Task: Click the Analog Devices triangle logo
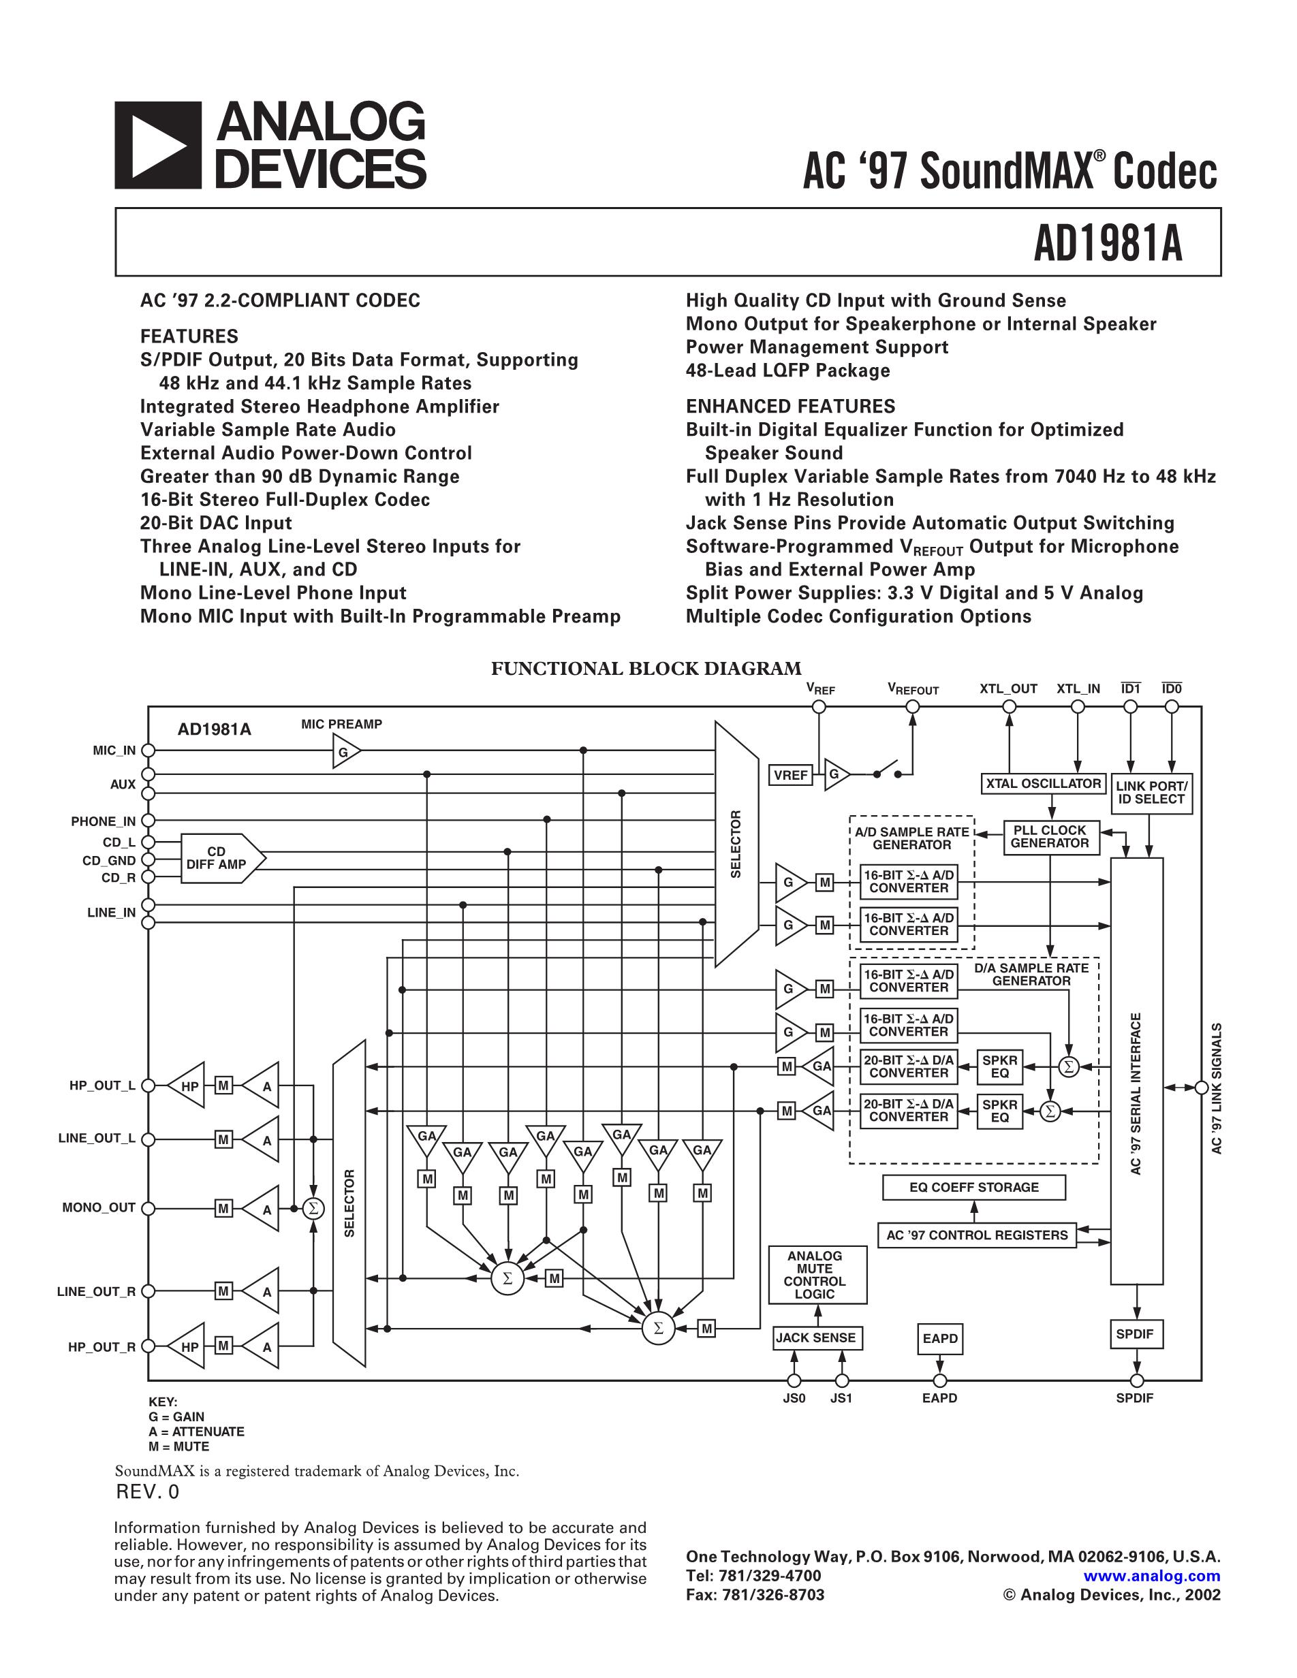(157, 145)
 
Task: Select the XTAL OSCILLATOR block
(1043, 784)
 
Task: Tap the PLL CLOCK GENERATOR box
(1050, 837)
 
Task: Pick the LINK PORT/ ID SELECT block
(1151, 793)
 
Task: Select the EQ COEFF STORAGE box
(973, 1187)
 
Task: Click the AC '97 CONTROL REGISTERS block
(977, 1235)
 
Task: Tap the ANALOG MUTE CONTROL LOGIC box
(816, 1275)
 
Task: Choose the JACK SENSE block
(816, 1337)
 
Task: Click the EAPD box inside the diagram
(939, 1338)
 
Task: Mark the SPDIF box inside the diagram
(1135, 1334)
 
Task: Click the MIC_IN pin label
(114, 750)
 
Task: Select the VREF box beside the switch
(791, 775)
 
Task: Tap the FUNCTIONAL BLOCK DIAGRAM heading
(646, 669)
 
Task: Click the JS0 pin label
(794, 1398)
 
